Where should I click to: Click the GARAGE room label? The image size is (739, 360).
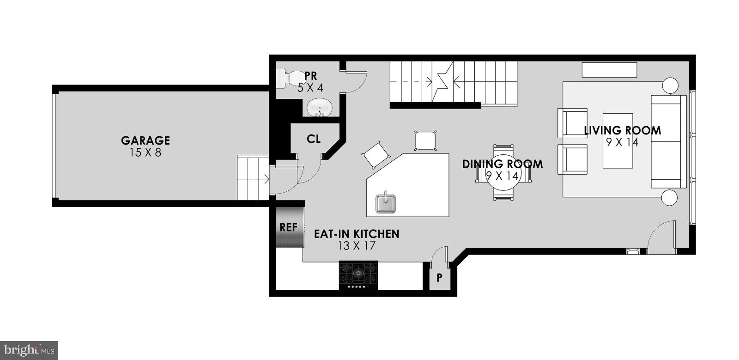[145, 140]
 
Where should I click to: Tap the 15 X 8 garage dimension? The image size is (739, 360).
[145, 152]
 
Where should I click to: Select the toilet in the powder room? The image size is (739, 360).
[287, 79]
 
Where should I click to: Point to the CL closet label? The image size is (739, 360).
[314, 139]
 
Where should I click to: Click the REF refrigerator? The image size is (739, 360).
[290, 227]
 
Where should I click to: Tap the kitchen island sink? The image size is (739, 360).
[385, 203]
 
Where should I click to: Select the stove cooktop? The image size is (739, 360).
[358, 275]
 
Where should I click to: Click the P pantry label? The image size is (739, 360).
[439, 278]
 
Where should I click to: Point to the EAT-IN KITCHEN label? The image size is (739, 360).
[357, 234]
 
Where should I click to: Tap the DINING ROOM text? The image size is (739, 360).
[503, 164]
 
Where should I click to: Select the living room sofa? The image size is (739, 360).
[668, 141]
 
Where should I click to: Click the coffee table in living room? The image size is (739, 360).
[618, 140]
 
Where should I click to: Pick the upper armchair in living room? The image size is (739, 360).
[573, 123]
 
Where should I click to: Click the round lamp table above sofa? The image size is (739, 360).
[670, 85]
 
